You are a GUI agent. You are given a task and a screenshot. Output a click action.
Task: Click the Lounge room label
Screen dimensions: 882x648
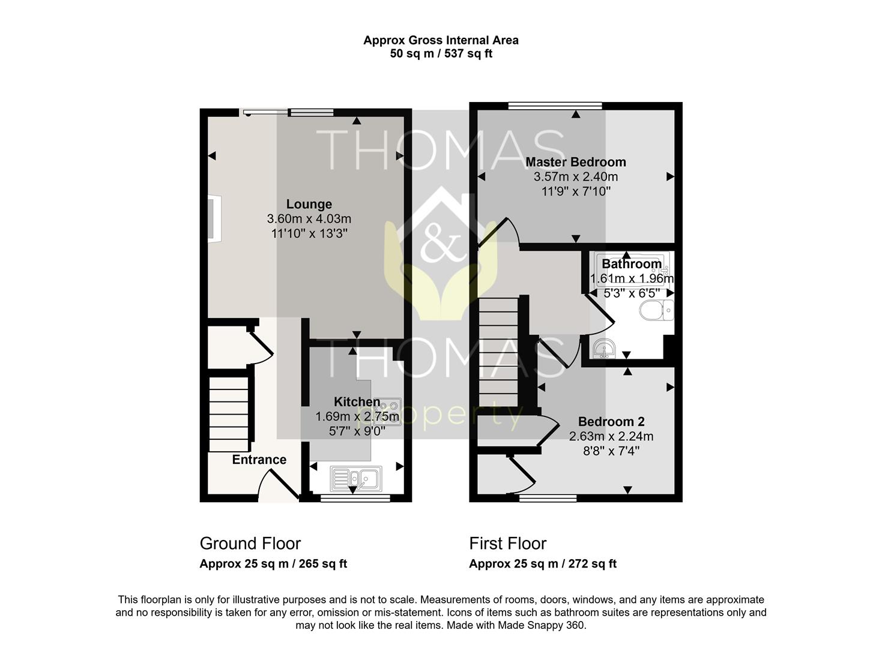(x=309, y=204)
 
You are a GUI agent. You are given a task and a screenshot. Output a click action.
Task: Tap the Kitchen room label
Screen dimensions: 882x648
(x=357, y=402)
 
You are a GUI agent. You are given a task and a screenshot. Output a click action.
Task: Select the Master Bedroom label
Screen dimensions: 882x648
(x=576, y=162)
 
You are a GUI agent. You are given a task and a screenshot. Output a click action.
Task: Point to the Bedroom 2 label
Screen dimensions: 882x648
(x=611, y=422)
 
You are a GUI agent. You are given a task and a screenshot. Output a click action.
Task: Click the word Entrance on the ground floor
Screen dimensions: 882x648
(x=259, y=460)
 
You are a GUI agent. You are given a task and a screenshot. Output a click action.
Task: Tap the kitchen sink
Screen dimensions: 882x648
(x=357, y=478)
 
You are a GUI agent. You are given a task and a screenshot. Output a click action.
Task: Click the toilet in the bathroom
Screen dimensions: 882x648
(x=656, y=310)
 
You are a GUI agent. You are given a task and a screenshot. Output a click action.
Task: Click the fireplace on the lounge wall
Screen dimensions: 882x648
(x=214, y=219)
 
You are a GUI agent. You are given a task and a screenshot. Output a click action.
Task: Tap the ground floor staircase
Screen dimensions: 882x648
(x=228, y=414)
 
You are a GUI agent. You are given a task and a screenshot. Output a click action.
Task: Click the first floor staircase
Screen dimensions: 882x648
(x=498, y=352)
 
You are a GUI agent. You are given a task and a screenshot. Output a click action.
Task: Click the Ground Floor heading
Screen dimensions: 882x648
(x=250, y=544)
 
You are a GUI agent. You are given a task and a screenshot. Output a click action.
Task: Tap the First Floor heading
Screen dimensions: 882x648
(x=507, y=544)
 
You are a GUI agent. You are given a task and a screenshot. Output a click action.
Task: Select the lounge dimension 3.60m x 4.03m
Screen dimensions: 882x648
(x=309, y=219)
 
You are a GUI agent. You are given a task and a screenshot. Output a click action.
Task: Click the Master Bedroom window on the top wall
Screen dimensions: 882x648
(x=555, y=106)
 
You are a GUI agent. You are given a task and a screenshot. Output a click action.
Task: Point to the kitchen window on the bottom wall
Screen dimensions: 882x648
(x=355, y=498)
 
